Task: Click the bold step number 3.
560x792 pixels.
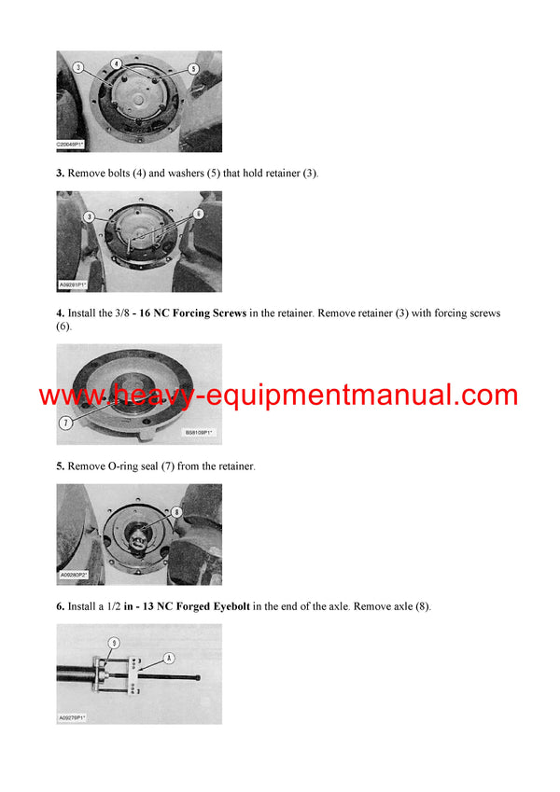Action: point(60,174)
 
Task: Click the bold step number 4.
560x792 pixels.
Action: point(60,313)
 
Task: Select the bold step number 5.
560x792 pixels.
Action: point(60,465)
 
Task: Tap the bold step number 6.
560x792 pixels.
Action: point(60,606)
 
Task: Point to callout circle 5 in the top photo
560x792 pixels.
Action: point(193,68)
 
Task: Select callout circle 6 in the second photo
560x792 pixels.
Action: point(198,214)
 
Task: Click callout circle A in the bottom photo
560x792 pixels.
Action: point(169,656)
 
